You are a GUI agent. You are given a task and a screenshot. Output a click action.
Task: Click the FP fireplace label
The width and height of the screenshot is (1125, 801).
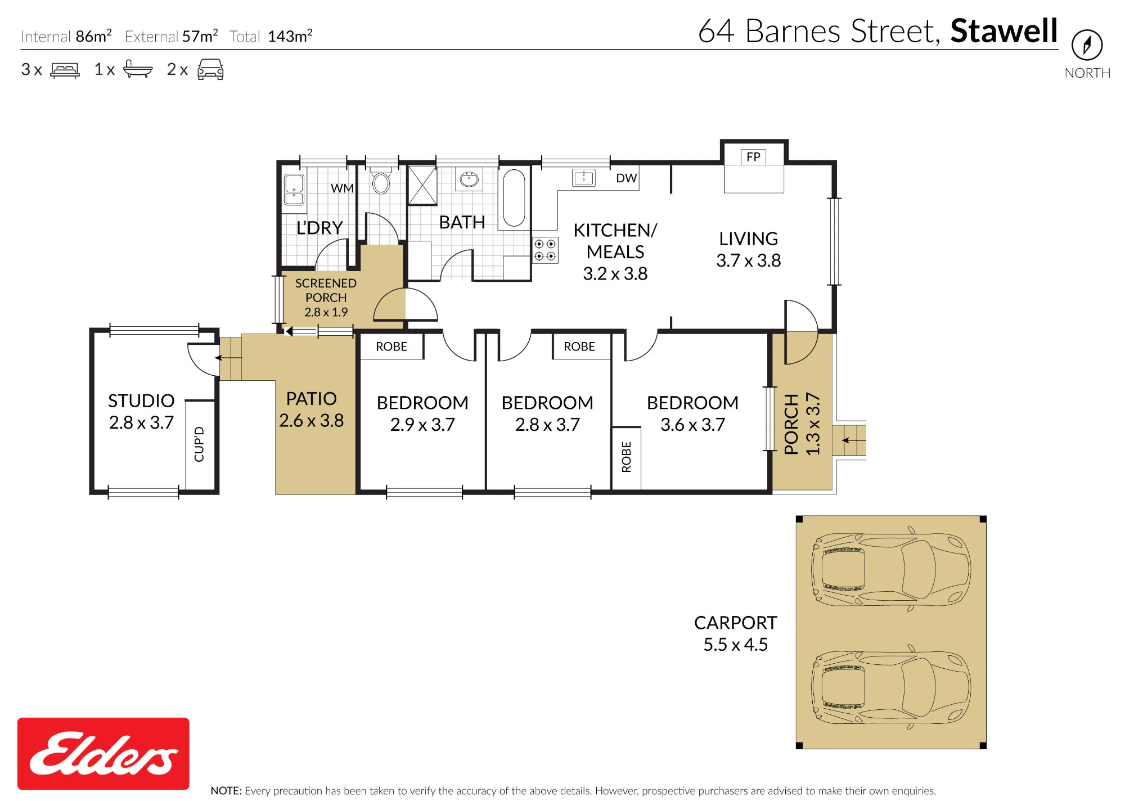click(753, 157)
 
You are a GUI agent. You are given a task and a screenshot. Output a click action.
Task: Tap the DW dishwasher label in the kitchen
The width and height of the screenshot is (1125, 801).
click(626, 178)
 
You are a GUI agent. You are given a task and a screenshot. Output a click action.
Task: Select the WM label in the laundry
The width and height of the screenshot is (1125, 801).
click(342, 188)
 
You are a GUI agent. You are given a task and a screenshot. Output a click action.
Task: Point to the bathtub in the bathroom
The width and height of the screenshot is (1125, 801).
click(514, 198)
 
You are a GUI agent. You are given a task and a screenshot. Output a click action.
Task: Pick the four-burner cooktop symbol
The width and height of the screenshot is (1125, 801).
click(545, 250)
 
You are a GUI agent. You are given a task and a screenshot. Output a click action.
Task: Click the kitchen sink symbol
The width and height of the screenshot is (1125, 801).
click(583, 178)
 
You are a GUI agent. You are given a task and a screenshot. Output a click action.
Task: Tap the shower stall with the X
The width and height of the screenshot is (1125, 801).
click(422, 186)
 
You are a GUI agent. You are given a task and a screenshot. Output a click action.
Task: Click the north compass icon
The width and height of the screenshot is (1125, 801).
click(1087, 45)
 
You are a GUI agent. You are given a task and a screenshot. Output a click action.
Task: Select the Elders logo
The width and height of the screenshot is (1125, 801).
click(103, 754)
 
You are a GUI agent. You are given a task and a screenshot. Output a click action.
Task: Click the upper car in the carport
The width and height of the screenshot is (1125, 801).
click(891, 569)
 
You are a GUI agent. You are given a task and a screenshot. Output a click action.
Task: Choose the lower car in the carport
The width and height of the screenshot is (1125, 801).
click(891, 687)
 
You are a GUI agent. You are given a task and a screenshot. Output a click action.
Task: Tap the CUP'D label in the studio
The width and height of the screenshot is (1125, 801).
click(199, 444)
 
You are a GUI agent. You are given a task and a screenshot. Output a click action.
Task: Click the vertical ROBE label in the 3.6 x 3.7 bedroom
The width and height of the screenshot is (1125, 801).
click(627, 457)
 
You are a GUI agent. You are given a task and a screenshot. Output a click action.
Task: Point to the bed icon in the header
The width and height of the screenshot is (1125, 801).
click(65, 70)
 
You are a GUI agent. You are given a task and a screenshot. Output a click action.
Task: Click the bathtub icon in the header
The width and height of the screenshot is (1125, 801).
click(138, 69)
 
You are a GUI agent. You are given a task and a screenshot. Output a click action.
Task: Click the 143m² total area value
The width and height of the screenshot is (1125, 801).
click(290, 36)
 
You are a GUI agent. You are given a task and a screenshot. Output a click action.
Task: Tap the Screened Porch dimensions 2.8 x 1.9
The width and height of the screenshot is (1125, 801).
click(326, 312)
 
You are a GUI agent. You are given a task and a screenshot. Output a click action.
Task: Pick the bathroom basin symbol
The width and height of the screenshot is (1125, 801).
click(469, 179)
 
